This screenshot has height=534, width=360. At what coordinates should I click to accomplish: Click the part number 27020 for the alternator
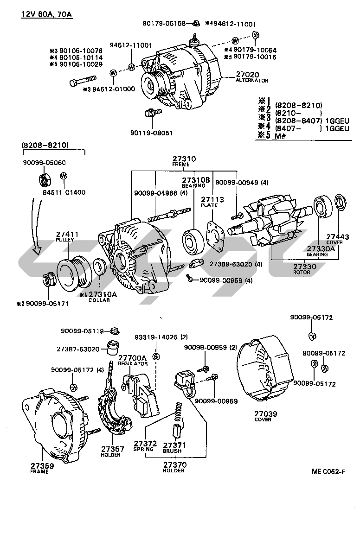point(247,74)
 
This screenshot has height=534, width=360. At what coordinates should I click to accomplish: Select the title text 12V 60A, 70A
point(46,14)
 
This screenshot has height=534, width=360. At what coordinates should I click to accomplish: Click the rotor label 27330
point(304,267)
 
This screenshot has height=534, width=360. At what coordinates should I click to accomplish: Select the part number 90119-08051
point(151,133)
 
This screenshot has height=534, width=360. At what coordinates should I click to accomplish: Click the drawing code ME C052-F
point(328,472)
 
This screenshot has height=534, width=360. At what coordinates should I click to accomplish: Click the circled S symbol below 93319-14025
point(156,356)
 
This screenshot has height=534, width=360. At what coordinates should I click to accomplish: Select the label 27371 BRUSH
point(174,447)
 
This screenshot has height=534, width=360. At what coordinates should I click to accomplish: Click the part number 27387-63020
point(78,349)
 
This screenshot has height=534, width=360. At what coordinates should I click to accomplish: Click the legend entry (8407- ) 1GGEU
point(311,128)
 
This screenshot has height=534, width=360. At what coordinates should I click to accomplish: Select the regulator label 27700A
point(132,358)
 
